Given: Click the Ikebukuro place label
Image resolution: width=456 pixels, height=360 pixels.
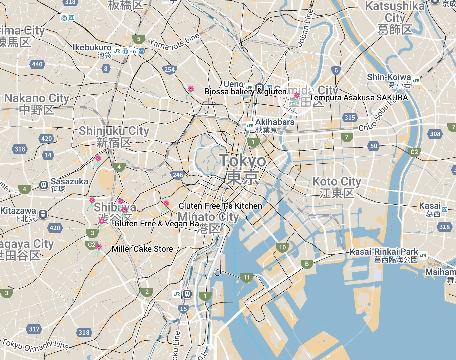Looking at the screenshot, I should click(x=92, y=48).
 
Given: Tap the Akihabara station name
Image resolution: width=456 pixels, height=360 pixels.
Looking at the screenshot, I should click(x=275, y=122).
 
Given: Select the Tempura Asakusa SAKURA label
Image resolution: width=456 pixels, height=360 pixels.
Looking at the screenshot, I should click(x=358, y=98).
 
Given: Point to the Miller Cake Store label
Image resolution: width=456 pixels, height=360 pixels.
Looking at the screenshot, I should click(x=142, y=249).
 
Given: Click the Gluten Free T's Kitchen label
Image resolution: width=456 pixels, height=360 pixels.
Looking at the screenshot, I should click(x=220, y=206).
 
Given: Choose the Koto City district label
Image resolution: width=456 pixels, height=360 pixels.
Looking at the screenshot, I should click(x=337, y=182).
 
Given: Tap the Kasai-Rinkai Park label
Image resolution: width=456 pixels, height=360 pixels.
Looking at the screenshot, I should click(x=384, y=252).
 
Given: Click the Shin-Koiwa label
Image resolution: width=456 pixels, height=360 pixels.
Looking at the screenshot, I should click(x=389, y=77).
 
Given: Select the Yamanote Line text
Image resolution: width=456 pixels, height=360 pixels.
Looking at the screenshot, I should click(x=174, y=42).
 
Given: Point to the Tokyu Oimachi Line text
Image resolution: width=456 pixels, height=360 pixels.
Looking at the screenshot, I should click(x=35, y=345).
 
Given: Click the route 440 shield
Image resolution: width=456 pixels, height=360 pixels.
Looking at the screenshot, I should click(x=37, y=64).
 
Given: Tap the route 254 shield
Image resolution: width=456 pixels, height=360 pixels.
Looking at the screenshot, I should click(x=170, y=70).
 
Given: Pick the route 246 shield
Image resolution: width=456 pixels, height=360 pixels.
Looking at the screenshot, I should click(x=178, y=175).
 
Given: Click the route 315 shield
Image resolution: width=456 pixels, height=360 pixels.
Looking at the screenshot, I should click(x=350, y=117).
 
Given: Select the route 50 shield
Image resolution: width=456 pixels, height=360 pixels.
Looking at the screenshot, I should click(x=374, y=146).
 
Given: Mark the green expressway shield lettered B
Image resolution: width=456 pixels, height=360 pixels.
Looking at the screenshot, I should click(x=307, y=264).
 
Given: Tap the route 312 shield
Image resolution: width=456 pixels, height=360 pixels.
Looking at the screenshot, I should click(x=34, y=329).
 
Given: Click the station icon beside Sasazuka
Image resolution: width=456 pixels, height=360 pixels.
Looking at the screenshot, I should click(x=44, y=185).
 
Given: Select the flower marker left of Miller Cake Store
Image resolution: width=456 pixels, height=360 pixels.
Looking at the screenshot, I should click(x=98, y=248).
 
